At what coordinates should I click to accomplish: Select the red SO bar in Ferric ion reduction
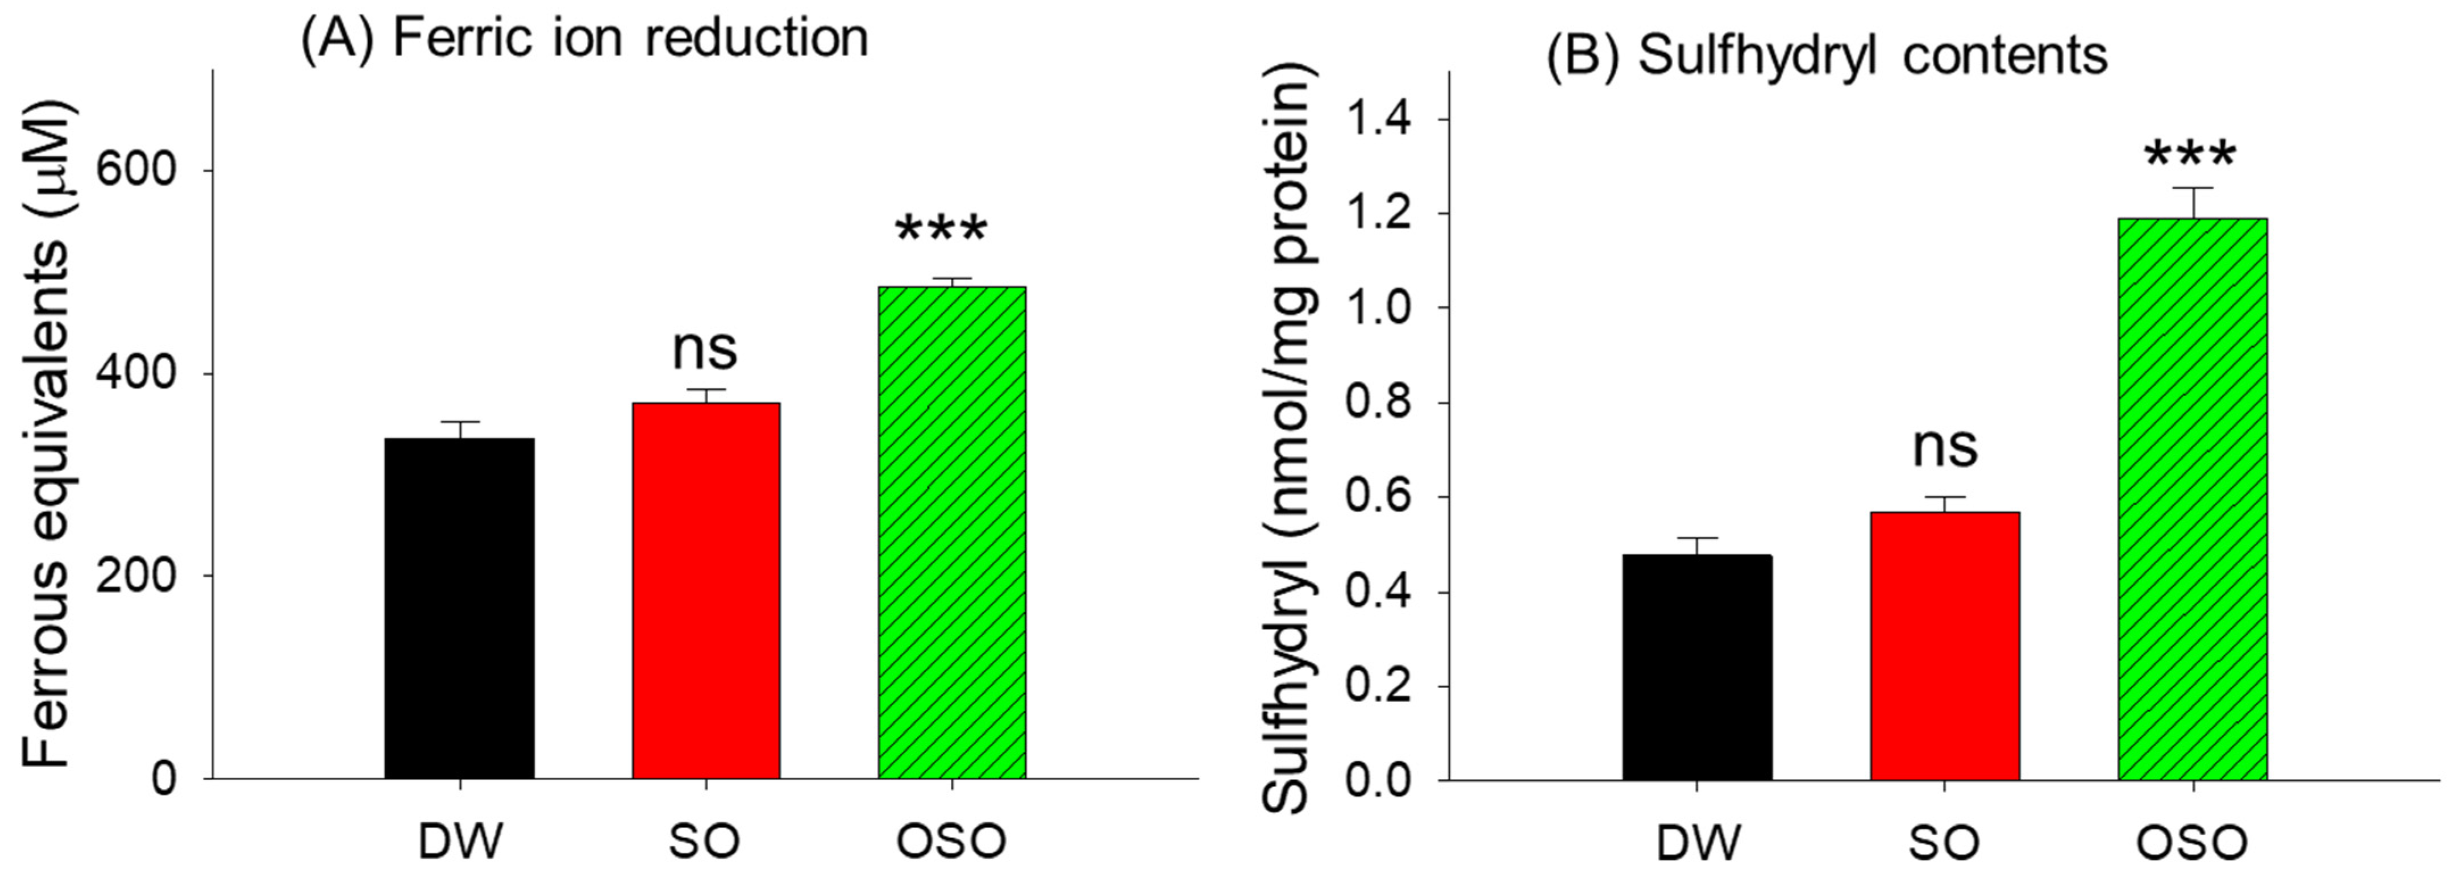[x=706, y=590]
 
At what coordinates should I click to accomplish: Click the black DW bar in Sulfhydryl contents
[x=1696, y=667]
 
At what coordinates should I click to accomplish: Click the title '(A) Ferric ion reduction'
[x=584, y=38]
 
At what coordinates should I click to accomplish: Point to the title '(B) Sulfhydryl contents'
[x=1825, y=55]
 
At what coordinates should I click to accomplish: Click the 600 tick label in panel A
[x=138, y=172]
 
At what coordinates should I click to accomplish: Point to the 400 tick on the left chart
[x=138, y=374]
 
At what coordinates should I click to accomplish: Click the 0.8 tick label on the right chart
[x=1379, y=403]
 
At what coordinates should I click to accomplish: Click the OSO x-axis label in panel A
[x=951, y=840]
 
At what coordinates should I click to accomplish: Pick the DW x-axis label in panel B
[x=1699, y=843]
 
